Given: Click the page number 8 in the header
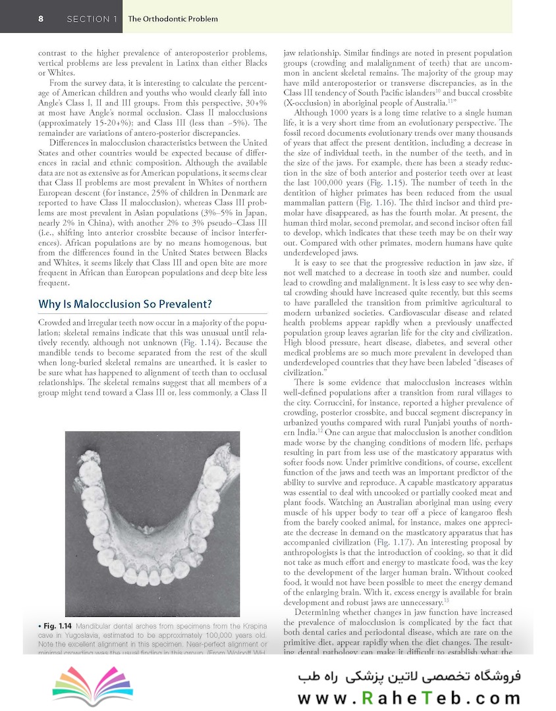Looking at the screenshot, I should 41,19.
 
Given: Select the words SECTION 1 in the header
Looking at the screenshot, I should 92,19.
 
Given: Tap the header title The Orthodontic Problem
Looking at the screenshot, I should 173,19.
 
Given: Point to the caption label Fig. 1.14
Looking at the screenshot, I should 57,623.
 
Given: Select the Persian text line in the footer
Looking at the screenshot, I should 405,676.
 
